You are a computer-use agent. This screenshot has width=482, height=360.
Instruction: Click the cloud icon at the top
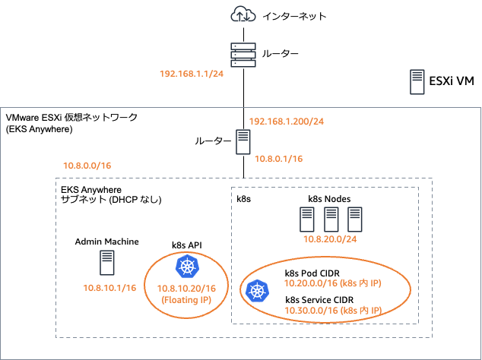pos(243,14)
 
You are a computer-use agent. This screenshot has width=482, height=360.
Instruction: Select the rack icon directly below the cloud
pos(243,55)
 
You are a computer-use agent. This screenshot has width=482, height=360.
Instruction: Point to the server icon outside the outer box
pos(417,81)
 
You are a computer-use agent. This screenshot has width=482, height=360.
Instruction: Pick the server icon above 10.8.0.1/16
pos(243,142)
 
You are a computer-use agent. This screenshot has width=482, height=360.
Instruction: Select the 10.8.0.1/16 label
pos(278,159)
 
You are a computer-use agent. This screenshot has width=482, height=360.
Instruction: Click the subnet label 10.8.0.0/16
pos(87,165)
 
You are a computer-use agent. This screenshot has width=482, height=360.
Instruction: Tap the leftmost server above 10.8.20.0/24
pos(306,219)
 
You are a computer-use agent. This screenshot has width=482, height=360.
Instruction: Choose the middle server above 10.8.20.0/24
pos(331,219)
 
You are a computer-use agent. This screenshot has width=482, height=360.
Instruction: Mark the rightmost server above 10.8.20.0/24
pos(354,219)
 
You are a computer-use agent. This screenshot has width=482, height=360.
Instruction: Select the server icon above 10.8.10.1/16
pos(107,263)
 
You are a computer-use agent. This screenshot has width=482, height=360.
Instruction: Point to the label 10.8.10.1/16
pos(109,288)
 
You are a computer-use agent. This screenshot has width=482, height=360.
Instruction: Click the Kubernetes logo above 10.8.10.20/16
pos(186,267)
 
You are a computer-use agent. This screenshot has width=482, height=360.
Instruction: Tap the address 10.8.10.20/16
pos(186,289)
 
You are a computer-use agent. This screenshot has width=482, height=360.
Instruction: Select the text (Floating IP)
pos(186,300)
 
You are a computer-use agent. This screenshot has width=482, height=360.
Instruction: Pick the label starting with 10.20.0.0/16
pos(332,283)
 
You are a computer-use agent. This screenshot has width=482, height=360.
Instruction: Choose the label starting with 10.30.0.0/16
pos(332,310)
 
